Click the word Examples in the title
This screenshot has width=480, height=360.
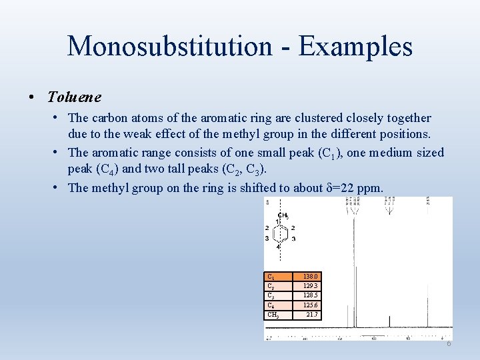coord(355,46)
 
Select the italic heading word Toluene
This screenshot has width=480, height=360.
coord(74,97)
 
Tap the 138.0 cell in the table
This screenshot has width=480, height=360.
coord(311,276)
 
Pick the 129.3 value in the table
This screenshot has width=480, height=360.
coord(311,285)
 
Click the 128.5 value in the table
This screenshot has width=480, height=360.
coord(311,295)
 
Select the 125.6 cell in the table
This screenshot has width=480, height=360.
coord(311,305)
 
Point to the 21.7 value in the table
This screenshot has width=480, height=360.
coord(312,314)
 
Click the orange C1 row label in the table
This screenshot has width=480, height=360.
coord(271,276)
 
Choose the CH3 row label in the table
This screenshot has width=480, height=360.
coord(273,314)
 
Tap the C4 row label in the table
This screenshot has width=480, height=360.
coord(271,305)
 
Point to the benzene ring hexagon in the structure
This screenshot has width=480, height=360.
coord(280,233)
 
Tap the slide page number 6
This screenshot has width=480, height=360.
coord(449,343)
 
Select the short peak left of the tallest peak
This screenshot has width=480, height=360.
coord(348,320)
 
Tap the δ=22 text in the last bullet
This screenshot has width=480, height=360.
coord(341,187)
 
